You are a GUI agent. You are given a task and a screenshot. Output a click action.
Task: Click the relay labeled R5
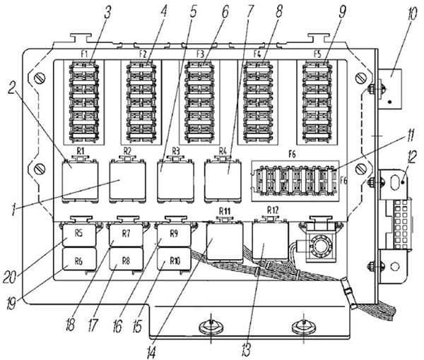click(79, 235)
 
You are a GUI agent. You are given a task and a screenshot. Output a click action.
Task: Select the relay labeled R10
click(174, 259)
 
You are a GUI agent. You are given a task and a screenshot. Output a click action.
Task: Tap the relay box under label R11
click(225, 241)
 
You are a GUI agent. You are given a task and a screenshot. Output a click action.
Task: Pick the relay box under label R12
click(271, 241)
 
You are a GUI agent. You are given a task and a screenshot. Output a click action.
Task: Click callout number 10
click(413, 14)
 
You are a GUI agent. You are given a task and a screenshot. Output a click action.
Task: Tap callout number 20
click(10, 276)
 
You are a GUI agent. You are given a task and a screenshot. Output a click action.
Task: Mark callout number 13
click(246, 349)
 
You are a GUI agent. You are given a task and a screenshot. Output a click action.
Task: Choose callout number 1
click(13, 210)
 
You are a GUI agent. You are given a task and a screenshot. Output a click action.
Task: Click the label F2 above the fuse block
click(143, 54)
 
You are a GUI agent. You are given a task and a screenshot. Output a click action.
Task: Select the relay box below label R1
click(80, 181)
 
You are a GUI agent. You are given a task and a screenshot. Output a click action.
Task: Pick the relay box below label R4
click(223, 181)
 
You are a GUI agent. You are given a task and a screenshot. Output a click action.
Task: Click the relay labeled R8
click(126, 260)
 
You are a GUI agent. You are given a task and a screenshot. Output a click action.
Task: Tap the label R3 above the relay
click(175, 150)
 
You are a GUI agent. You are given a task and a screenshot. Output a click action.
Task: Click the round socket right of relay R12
click(322, 246)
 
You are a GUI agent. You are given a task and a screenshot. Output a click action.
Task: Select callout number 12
click(411, 157)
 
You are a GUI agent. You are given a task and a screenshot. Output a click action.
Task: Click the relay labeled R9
click(174, 234)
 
